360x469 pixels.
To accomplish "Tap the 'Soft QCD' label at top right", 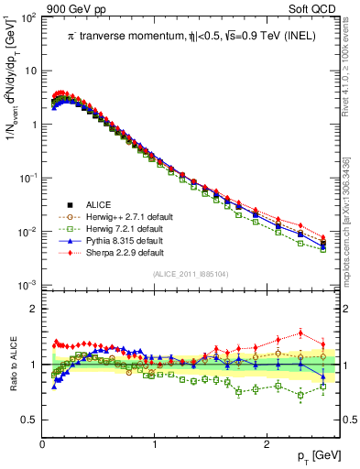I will click(x=313, y=8).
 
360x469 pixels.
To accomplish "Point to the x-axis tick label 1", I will click(x=154, y=444).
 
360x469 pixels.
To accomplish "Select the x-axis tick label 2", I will click(x=266, y=444).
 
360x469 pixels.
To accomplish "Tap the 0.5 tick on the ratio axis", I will click(x=29, y=420).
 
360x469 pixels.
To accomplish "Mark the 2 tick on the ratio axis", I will click(x=34, y=309).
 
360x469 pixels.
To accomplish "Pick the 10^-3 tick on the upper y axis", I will click(x=29, y=286).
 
